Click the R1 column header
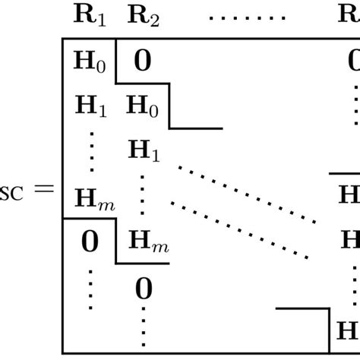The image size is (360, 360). (x=90, y=14)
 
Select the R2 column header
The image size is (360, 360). (x=142, y=14)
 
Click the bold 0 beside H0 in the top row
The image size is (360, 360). (x=142, y=61)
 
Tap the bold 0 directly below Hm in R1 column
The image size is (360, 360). (x=90, y=242)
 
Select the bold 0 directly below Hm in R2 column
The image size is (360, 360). (x=143, y=289)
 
